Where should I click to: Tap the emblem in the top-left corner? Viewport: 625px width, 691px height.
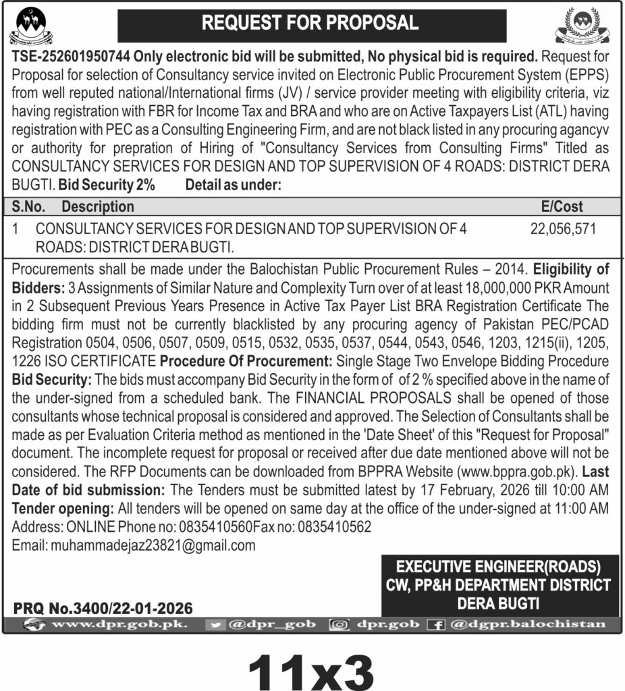(31, 25)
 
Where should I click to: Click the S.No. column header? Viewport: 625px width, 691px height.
(28, 206)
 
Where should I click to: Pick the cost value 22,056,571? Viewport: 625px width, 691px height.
(564, 229)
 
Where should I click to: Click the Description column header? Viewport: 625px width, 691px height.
(98, 206)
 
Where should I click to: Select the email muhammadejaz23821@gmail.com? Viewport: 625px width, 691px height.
(153, 545)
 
